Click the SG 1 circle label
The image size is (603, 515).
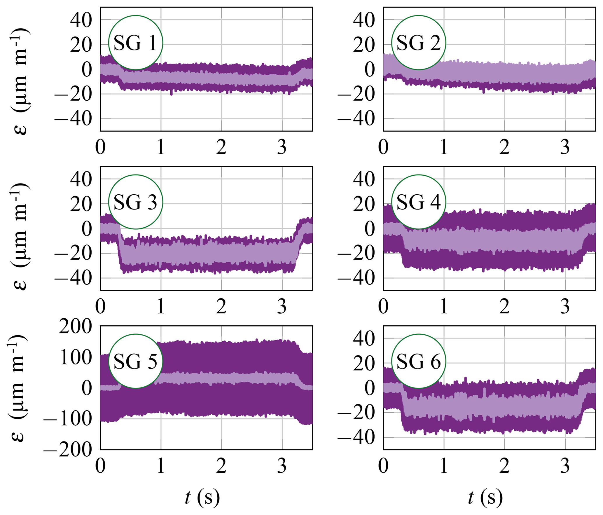click(135, 43)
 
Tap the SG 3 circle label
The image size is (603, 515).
click(135, 202)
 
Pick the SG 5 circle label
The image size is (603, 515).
click(135, 361)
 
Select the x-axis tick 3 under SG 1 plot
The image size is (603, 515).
click(282, 147)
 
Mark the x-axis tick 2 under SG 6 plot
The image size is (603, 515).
click(504, 466)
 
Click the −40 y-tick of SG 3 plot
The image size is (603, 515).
click(73, 278)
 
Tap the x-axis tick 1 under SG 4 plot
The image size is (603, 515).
click(444, 307)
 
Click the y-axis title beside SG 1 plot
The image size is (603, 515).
click(19, 82)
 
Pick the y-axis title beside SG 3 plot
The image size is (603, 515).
click(19, 237)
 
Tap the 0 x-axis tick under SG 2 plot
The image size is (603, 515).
click(383, 147)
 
